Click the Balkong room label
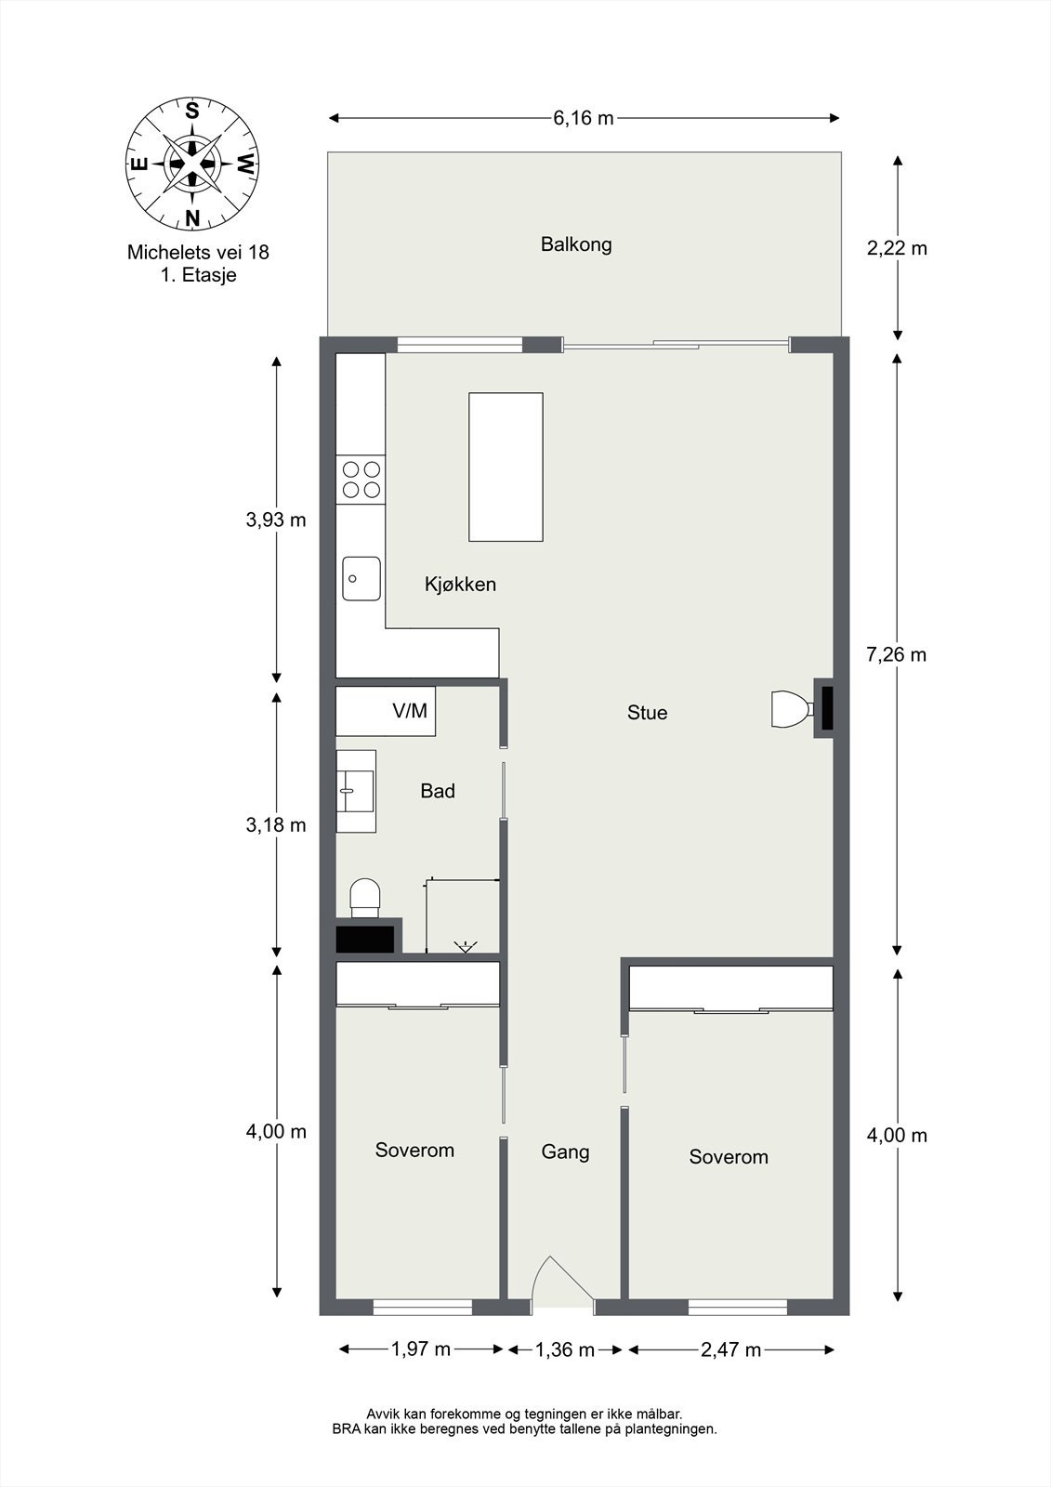tap(576, 245)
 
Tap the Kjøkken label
tap(460, 585)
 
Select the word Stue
tap(648, 712)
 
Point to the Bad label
tap(438, 791)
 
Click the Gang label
tap(565, 1151)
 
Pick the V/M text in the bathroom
tap(410, 711)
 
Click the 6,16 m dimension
tap(584, 118)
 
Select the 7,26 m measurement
tap(897, 654)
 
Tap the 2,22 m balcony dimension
tap(897, 248)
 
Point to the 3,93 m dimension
tap(276, 520)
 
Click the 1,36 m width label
tap(565, 1349)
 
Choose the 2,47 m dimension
tap(730, 1349)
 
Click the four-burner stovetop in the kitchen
tap(361, 480)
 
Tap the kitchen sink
tap(361, 578)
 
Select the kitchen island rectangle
tap(506, 467)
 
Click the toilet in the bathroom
tap(365, 898)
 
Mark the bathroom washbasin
tap(357, 791)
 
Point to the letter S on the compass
tap(191, 111)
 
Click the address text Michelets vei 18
tap(198, 252)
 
